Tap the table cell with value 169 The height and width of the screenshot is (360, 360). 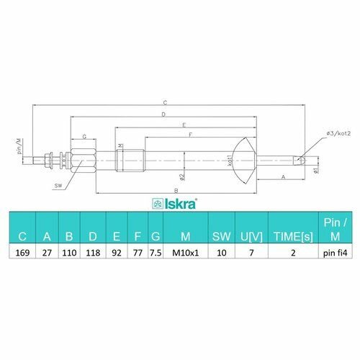coord(22,253)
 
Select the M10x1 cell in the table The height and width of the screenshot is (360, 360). coord(186,253)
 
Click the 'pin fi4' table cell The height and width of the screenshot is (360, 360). coord(335,253)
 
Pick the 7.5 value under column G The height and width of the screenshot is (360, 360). coord(156,253)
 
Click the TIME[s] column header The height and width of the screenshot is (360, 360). coord(293,237)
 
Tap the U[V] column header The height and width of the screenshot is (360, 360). coord(251,237)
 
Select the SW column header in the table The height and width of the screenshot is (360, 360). coord(221,237)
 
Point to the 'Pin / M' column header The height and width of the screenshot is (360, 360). coord(335,230)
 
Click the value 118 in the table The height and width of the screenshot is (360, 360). coord(93,253)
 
